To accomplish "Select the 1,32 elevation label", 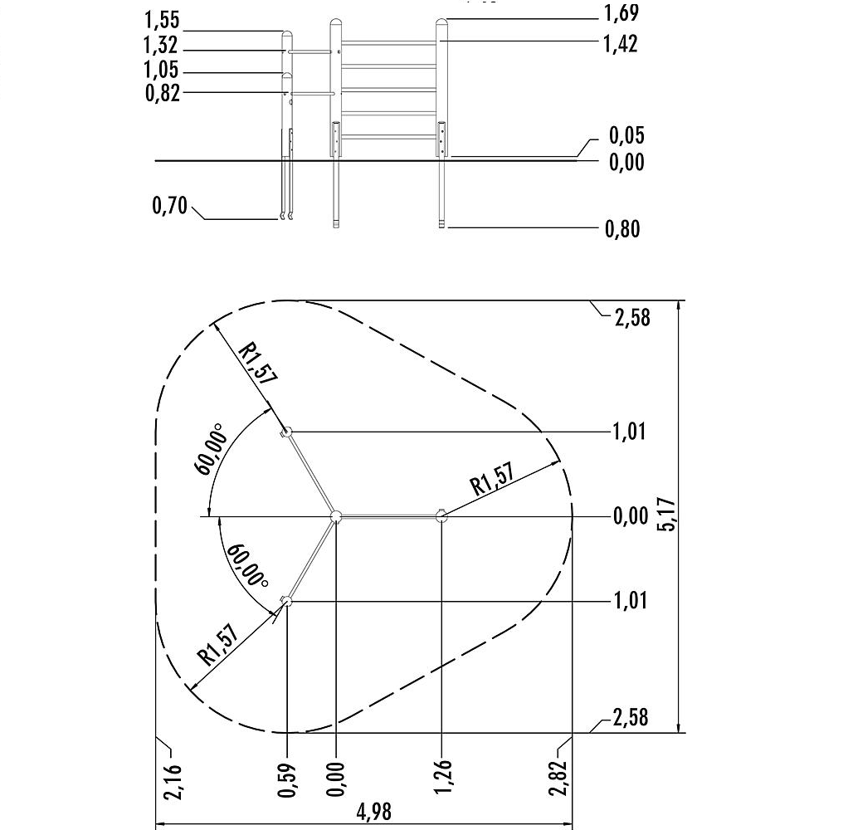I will point(162,45).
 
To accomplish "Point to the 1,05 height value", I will point(162,70).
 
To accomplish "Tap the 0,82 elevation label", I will point(162,92).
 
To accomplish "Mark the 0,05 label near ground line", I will point(626,135).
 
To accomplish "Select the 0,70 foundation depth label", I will point(170,205).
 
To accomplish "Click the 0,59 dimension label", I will point(288,779).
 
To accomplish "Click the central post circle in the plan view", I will point(335,516).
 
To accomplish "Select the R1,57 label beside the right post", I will point(494,479).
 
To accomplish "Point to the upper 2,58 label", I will point(631,317).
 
